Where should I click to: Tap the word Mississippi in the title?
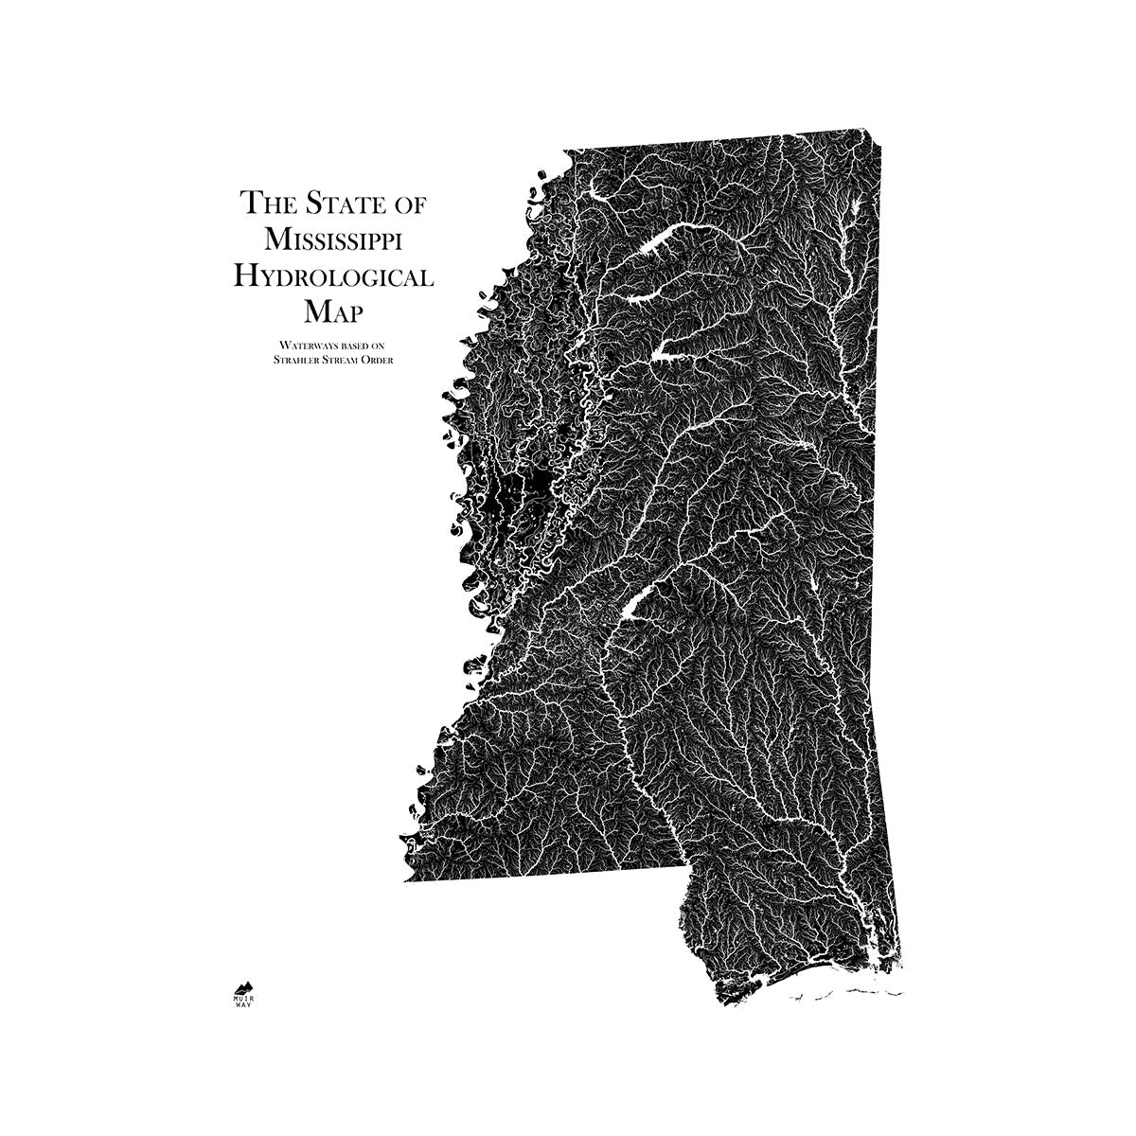[x=333, y=240]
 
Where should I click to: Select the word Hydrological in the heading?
[x=333, y=276]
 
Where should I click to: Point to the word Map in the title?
[x=333, y=311]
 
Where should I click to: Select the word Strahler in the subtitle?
[x=294, y=359]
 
